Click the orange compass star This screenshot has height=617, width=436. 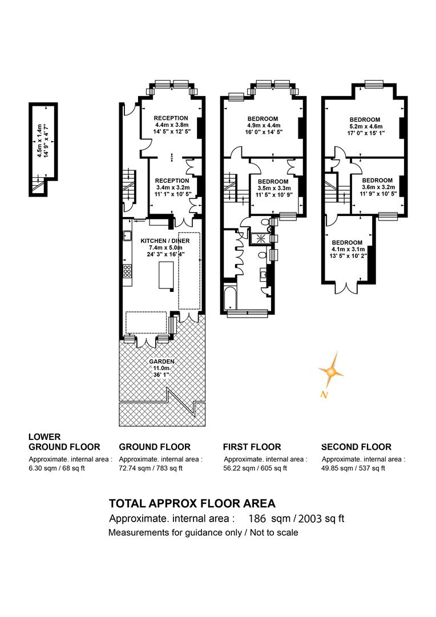331,371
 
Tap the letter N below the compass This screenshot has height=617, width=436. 324,394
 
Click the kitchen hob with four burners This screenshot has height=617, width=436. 127,272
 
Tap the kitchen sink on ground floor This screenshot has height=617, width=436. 127,236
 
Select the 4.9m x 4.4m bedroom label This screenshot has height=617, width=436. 263,126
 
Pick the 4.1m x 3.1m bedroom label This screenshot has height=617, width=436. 348,250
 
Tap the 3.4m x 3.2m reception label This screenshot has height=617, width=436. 172,188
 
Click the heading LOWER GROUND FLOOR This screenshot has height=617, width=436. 64,442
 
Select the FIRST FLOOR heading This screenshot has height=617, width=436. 252,447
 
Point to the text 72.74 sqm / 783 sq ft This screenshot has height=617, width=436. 151,468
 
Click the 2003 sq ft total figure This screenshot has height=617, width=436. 321,519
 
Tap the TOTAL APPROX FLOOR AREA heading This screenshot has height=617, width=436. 192,503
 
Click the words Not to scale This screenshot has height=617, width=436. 274,533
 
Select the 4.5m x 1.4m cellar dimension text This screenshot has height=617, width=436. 42,141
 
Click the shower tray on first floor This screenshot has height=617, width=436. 260,238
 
